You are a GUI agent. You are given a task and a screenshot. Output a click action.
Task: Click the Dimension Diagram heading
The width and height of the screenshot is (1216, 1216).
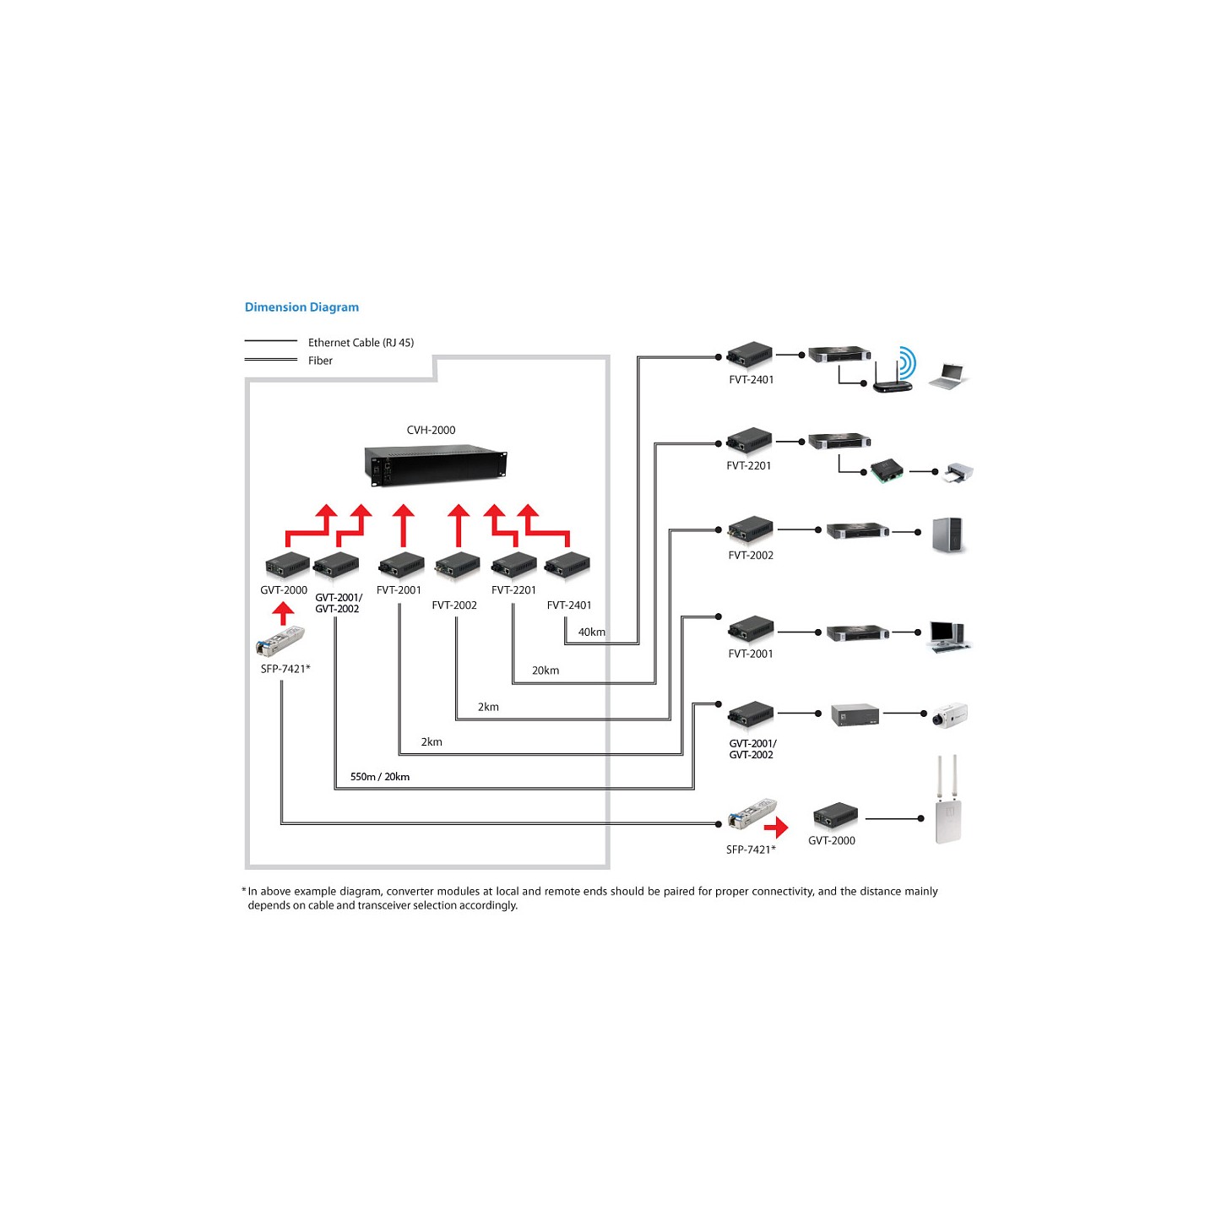tap(301, 307)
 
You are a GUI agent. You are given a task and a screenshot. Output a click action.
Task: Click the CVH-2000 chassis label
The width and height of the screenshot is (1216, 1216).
tap(431, 430)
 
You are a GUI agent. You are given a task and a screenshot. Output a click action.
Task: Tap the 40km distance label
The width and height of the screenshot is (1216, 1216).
tap(591, 632)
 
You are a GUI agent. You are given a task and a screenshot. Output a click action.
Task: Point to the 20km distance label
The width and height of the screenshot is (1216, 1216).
tap(546, 670)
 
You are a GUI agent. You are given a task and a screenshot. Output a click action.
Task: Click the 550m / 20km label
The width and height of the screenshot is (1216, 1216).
tap(380, 777)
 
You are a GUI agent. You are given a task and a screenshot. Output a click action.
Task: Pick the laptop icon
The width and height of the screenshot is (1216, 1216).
tap(948, 376)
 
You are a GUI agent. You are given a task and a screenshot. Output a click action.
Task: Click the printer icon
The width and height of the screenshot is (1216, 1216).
tap(958, 472)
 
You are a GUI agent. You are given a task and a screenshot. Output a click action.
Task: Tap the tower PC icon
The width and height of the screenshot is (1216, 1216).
tap(948, 535)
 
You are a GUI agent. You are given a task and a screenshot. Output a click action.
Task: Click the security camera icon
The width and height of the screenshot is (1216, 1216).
tap(950, 714)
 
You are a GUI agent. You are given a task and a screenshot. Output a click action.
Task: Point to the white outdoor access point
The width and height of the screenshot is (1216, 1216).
tap(948, 800)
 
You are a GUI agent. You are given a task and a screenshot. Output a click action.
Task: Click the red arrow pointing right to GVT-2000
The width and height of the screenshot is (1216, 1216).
tap(776, 827)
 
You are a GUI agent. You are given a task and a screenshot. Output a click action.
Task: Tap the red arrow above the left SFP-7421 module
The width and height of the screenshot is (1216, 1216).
tap(284, 613)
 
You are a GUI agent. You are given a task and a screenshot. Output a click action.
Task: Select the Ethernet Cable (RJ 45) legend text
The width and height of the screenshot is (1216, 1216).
tap(361, 343)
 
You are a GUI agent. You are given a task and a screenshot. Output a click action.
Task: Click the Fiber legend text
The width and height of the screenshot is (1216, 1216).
tap(320, 361)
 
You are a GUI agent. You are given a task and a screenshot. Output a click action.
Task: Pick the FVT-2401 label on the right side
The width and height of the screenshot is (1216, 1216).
tap(751, 379)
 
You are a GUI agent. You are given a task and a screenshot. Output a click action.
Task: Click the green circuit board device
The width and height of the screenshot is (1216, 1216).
tap(887, 470)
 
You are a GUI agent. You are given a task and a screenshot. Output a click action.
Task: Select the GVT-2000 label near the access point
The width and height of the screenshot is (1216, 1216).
tap(832, 840)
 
